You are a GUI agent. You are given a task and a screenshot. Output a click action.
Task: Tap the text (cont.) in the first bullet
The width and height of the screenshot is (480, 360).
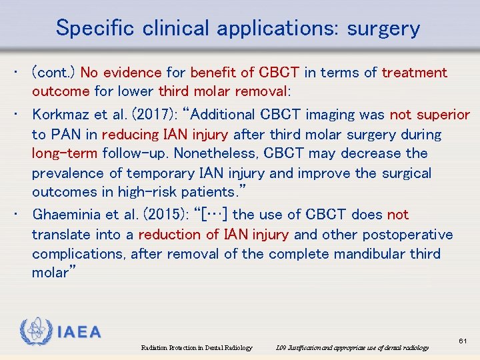(x=54, y=72)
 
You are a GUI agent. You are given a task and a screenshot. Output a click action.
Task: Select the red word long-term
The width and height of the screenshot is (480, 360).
(x=65, y=153)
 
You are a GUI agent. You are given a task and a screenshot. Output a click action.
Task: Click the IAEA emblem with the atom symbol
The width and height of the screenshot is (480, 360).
(x=35, y=331)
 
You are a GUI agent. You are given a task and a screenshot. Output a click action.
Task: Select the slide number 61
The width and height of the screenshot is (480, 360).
(x=463, y=341)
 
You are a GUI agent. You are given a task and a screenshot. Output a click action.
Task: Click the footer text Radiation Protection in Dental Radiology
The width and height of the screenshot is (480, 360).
(x=197, y=347)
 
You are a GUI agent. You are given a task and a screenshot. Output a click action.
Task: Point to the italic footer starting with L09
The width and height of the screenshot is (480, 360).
(x=352, y=347)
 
